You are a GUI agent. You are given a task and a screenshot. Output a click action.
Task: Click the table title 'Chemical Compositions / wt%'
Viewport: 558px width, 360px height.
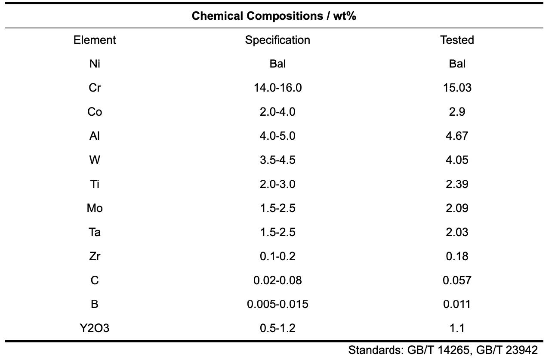(274, 16)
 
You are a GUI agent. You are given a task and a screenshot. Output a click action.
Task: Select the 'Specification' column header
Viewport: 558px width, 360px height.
(277, 40)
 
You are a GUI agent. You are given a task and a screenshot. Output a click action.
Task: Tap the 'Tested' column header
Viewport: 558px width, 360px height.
(457, 40)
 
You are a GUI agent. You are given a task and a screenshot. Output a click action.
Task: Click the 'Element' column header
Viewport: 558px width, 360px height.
(95, 40)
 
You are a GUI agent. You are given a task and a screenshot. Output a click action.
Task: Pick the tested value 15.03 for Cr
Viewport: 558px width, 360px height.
(457, 88)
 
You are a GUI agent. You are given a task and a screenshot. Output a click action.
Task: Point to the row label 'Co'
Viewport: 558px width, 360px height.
(95, 112)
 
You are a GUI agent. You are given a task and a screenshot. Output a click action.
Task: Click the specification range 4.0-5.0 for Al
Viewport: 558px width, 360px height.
(277, 136)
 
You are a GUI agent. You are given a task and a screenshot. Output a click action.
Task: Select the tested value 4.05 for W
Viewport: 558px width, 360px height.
(457, 160)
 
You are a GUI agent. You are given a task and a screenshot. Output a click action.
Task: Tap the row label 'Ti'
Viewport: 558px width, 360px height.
(95, 184)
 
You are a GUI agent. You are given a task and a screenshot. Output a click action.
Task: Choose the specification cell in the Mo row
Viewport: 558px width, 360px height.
(277, 208)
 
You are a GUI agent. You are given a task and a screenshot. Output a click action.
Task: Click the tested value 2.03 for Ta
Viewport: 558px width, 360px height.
(457, 232)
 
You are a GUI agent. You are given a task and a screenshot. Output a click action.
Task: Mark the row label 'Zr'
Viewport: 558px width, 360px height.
(95, 256)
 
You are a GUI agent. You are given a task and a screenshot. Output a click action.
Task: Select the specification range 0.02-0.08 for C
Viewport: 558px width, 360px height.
(277, 280)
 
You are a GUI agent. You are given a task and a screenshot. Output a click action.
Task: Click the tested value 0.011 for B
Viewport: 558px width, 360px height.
(457, 304)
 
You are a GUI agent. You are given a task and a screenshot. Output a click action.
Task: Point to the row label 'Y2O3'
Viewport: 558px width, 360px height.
(95, 328)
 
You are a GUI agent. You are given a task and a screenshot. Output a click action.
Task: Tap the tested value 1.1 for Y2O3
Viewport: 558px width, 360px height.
(457, 328)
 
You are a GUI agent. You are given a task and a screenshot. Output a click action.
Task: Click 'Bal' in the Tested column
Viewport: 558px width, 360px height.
(457, 64)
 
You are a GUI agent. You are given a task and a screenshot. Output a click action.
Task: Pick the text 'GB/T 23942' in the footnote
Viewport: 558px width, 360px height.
(507, 350)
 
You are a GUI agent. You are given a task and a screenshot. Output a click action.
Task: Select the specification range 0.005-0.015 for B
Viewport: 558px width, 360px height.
(277, 304)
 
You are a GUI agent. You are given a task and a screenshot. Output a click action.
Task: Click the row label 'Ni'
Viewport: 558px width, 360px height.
(95, 64)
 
